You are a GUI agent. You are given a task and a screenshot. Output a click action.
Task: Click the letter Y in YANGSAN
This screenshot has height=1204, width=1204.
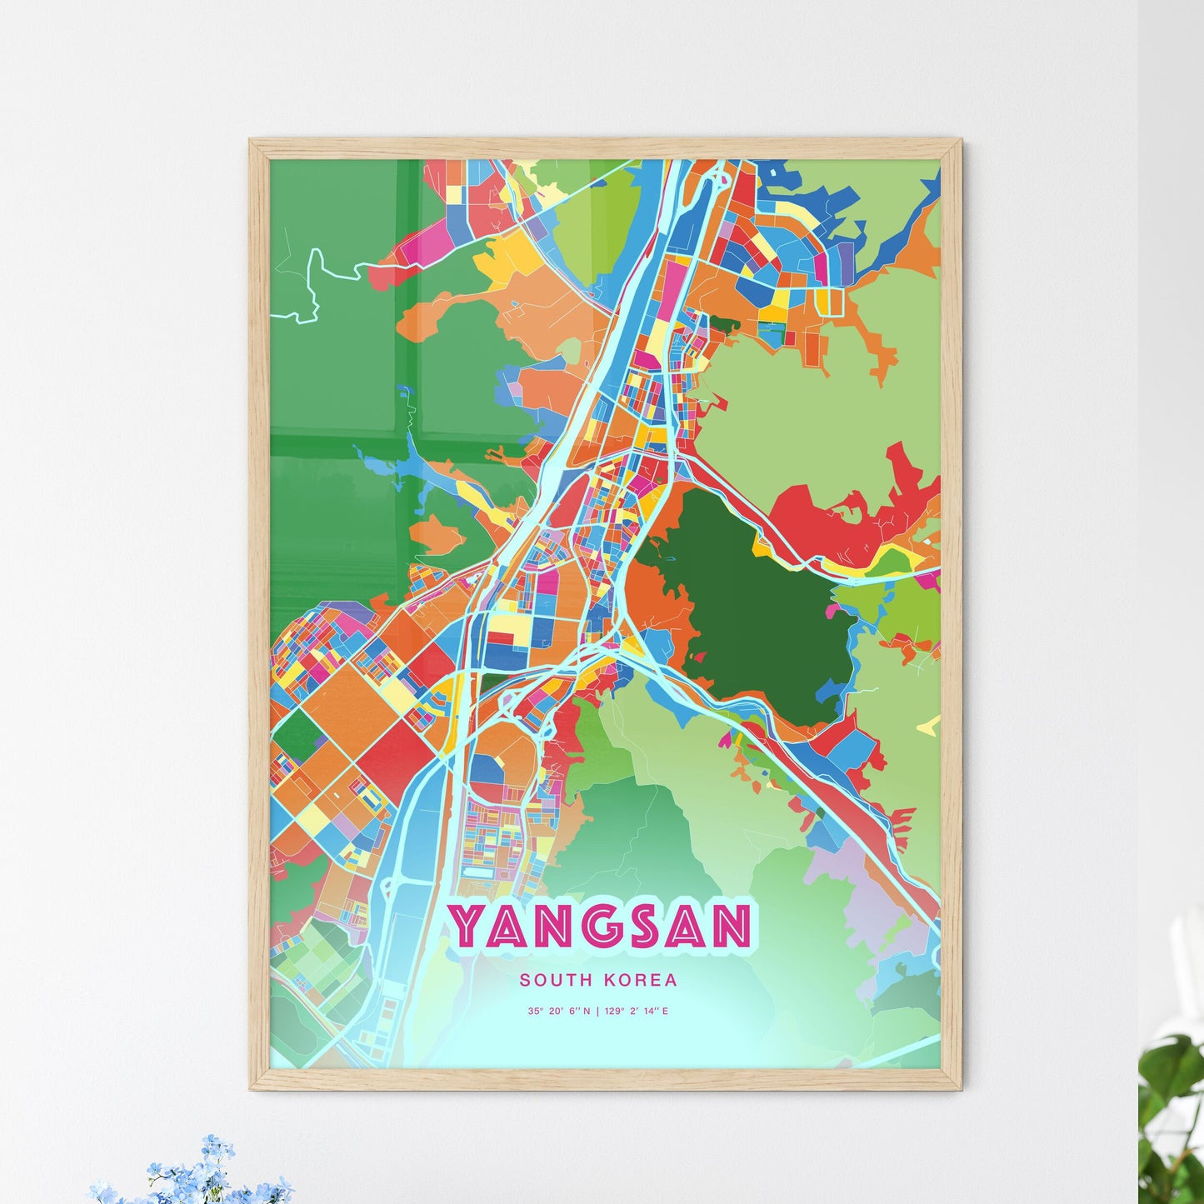(x=467, y=926)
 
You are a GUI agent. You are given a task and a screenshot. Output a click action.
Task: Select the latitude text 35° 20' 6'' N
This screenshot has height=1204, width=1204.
(x=558, y=1012)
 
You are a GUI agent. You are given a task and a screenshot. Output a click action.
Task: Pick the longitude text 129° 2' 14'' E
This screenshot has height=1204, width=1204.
(x=637, y=1012)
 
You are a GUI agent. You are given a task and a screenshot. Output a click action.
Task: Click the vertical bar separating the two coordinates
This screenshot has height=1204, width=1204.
(x=597, y=1012)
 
